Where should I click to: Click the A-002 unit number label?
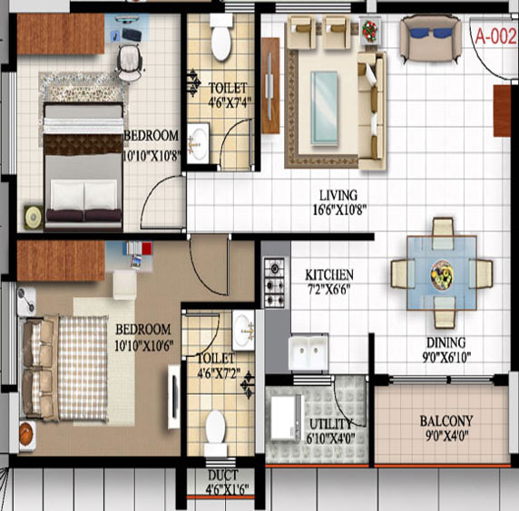click(x=495, y=36)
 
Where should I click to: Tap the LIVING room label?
click(x=338, y=195)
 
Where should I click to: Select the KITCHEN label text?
click(x=329, y=275)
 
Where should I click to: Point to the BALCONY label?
click(x=446, y=421)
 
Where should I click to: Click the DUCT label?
click(x=223, y=476)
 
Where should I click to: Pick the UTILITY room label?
click(x=330, y=424)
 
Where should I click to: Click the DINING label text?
click(x=446, y=342)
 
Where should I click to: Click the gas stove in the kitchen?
click(x=274, y=283)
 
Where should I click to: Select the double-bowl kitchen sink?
click(x=308, y=352)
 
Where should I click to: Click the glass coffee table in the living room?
click(x=324, y=109)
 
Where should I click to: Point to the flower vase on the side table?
click(x=369, y=31)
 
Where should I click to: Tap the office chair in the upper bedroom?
click(x=130, y=63)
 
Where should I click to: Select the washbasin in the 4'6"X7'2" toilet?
click(x=243, y=330)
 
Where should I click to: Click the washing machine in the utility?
click(x=287, y=418)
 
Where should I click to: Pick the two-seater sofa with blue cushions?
click(x=431, y=39)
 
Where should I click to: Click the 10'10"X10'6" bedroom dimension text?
click(x=144, y=346)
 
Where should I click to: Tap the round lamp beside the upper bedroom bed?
click(x=34, y=217)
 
